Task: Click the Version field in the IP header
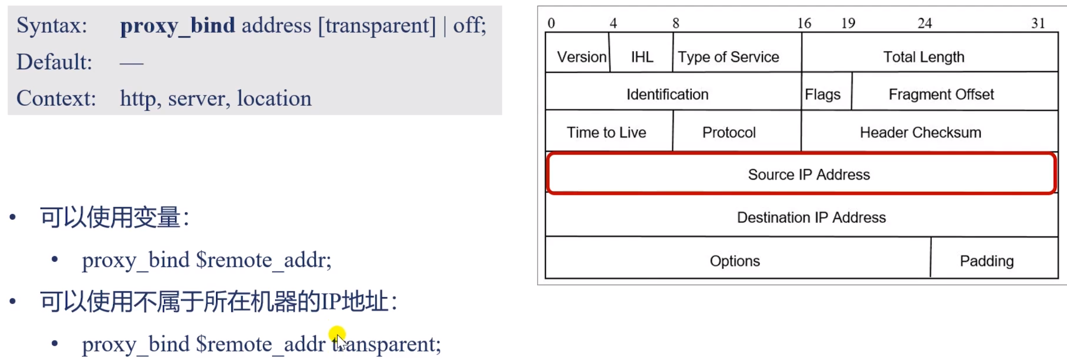coord(581,57)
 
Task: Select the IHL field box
coord(641,57)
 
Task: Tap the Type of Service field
coord(728,57)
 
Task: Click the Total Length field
coord(923,57)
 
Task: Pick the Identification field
coord(667,94)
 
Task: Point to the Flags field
coord(823,94)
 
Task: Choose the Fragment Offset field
coord(941,94)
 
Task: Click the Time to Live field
coord(606,132)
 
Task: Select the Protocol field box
coord(729,132)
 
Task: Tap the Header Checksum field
coord(920,132)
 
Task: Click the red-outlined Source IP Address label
coord(809,175)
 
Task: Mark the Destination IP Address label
coord(811,217)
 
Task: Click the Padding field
coord(987,261)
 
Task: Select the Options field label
coord(734,261)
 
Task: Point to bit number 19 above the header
coord(848,23)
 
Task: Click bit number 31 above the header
coord(1038,23)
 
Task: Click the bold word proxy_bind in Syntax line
coord(177,26)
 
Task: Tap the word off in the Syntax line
coord(467,25)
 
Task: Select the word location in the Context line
coord(274,99)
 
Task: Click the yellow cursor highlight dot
coord(337,334)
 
